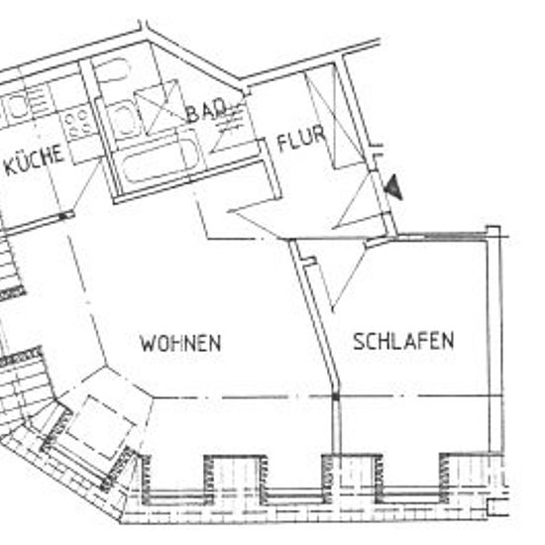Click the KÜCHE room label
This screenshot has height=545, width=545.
pyautogui.click(x=35, y=160)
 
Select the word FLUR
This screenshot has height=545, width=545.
pyautogui.click(x=301, y=138)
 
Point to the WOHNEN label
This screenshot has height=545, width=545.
pyautogui.click(x=180, y=343)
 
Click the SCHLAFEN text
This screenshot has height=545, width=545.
pyautogui.click(x=403, y=341)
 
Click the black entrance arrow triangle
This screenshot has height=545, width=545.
pyautogui.click(x=394, y=187)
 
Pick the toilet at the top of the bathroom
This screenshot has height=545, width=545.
pyautogui.click(x=111, y=71)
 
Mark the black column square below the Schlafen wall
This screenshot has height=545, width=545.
pyautogui.click(x=335, y=396)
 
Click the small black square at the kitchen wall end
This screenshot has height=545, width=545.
pyautogui.click(x=62, y=217)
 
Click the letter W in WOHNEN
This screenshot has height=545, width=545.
pyautogui.click(x=147, y=344)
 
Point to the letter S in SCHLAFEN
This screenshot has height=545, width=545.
pyautogui.click(x=359, y=341)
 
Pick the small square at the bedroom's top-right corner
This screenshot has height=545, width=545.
pyautogui.click(x=492, y=232)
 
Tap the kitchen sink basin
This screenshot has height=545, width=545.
pyautogui.click(x=18, y=104)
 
